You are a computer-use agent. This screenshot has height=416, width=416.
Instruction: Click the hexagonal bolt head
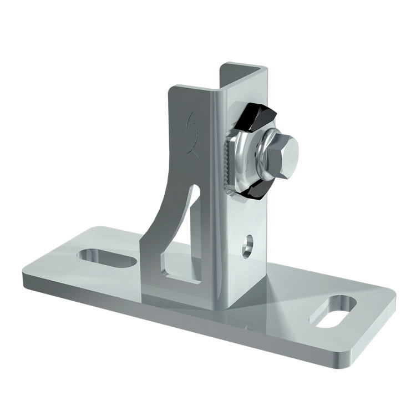point(285,149)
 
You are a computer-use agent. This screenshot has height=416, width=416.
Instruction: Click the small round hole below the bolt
point(247,245)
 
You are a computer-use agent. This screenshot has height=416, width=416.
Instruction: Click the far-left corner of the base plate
point(25,275)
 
